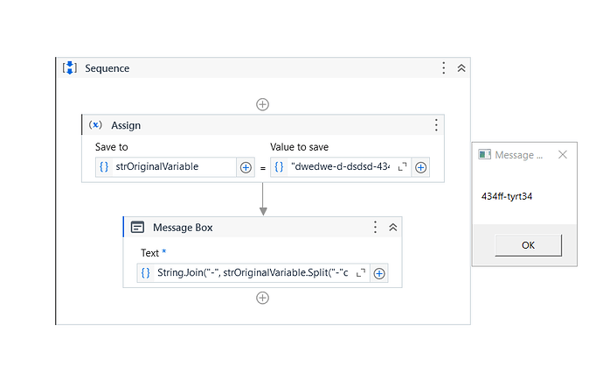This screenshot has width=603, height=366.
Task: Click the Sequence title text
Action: pos(107,68)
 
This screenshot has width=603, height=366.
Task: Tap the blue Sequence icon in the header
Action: pos(70,67)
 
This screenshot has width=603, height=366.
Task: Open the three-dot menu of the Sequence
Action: pos(444,68)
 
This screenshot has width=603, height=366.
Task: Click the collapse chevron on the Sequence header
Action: pos(461,68)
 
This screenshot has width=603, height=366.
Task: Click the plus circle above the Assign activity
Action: pos(263,104)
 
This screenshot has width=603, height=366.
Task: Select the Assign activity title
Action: pos(126,125)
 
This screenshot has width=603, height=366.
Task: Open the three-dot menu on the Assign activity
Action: pos(436,125)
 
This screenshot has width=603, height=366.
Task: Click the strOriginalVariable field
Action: pos(166,167)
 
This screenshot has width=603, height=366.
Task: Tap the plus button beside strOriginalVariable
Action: pos(246,167)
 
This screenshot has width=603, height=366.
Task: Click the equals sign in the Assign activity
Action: pos(263,168)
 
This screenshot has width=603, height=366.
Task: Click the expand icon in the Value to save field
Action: pos(402,167)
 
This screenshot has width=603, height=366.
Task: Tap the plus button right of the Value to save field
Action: pos(420,167)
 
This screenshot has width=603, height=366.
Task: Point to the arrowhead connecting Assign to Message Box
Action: pos(263,212)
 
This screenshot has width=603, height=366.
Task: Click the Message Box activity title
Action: pos(183,228)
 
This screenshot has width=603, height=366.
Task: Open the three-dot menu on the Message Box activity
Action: pos(375,228)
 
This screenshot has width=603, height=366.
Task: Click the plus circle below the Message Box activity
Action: pos(263,298)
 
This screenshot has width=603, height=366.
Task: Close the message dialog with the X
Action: pos(563,154)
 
